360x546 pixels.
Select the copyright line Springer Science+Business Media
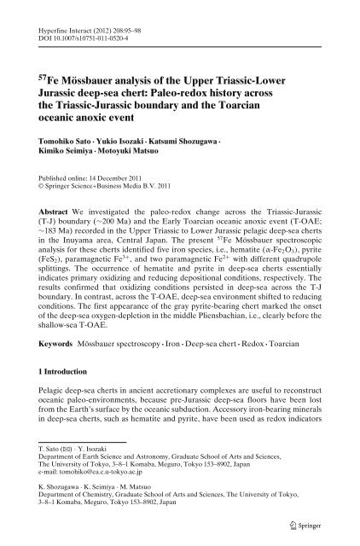coord(115,182)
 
